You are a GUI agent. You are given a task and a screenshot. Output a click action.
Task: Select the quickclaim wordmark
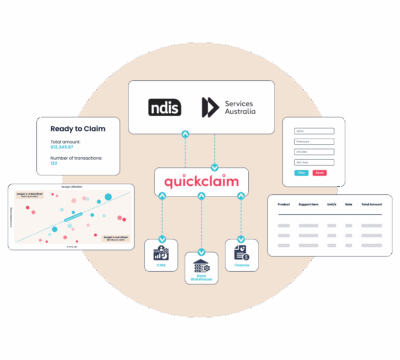(x=201, y=181)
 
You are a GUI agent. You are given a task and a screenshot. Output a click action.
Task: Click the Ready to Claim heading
(x=78, y=127)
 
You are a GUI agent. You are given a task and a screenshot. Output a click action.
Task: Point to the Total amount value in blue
(x=64, y=151)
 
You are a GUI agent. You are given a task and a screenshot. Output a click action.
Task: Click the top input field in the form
(x=309, y=132)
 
